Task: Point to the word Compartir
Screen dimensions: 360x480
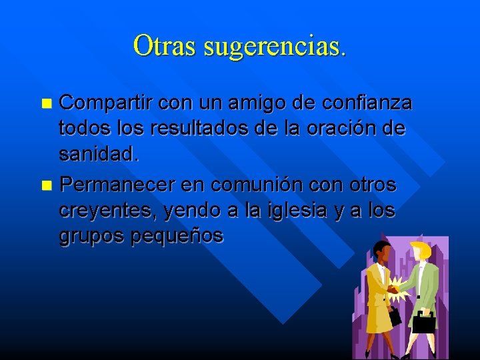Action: (106, 103)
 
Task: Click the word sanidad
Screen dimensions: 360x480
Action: (99, 155)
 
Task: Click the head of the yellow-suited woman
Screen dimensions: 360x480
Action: (383, 251)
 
